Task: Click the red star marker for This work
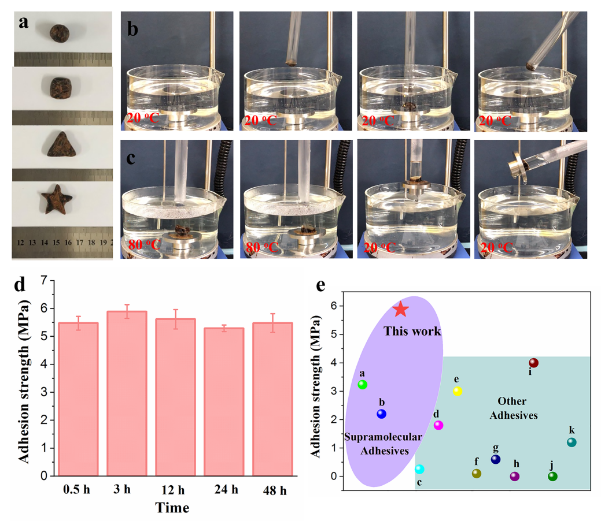pos(401,310)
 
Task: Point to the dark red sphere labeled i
pos(533,363)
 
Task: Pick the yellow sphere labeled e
pos(458,391)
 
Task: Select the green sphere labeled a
pos(363,384)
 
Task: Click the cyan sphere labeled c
pos(419,469)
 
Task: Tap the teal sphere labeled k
pos(571,442)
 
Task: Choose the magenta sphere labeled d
pos(438,425)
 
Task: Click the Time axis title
pos(172,508)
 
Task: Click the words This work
pos(412,332)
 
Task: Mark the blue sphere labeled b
pos(381,414)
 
